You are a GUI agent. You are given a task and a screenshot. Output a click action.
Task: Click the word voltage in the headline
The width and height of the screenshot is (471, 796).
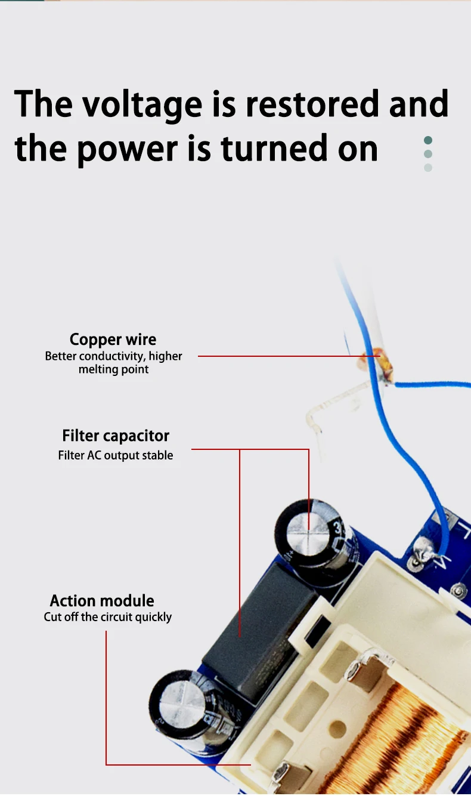(142, 104)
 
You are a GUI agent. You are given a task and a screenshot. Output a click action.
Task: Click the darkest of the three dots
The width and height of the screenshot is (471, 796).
(427, 141)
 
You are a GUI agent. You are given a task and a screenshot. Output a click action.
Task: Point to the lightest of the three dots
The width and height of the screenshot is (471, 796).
(427, 168)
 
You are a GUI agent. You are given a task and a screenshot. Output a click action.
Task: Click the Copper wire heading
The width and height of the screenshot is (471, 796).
(113, 340)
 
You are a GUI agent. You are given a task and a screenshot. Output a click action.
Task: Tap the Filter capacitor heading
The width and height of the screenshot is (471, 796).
(116, 436)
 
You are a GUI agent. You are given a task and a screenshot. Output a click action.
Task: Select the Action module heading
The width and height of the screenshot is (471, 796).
(102, 600)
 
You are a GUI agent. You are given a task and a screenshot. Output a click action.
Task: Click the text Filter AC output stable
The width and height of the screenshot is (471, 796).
(116, 455)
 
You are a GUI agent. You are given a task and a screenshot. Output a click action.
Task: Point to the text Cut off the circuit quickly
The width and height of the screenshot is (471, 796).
(107, 616)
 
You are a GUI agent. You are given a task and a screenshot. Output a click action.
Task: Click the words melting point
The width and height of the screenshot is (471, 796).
(113, 369)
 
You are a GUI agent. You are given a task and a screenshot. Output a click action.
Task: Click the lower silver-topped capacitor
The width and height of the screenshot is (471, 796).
(179, 698)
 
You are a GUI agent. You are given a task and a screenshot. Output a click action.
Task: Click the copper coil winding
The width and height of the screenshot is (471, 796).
(405, 734)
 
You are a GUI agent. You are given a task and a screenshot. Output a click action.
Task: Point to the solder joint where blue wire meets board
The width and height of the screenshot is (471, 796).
(424, 548)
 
